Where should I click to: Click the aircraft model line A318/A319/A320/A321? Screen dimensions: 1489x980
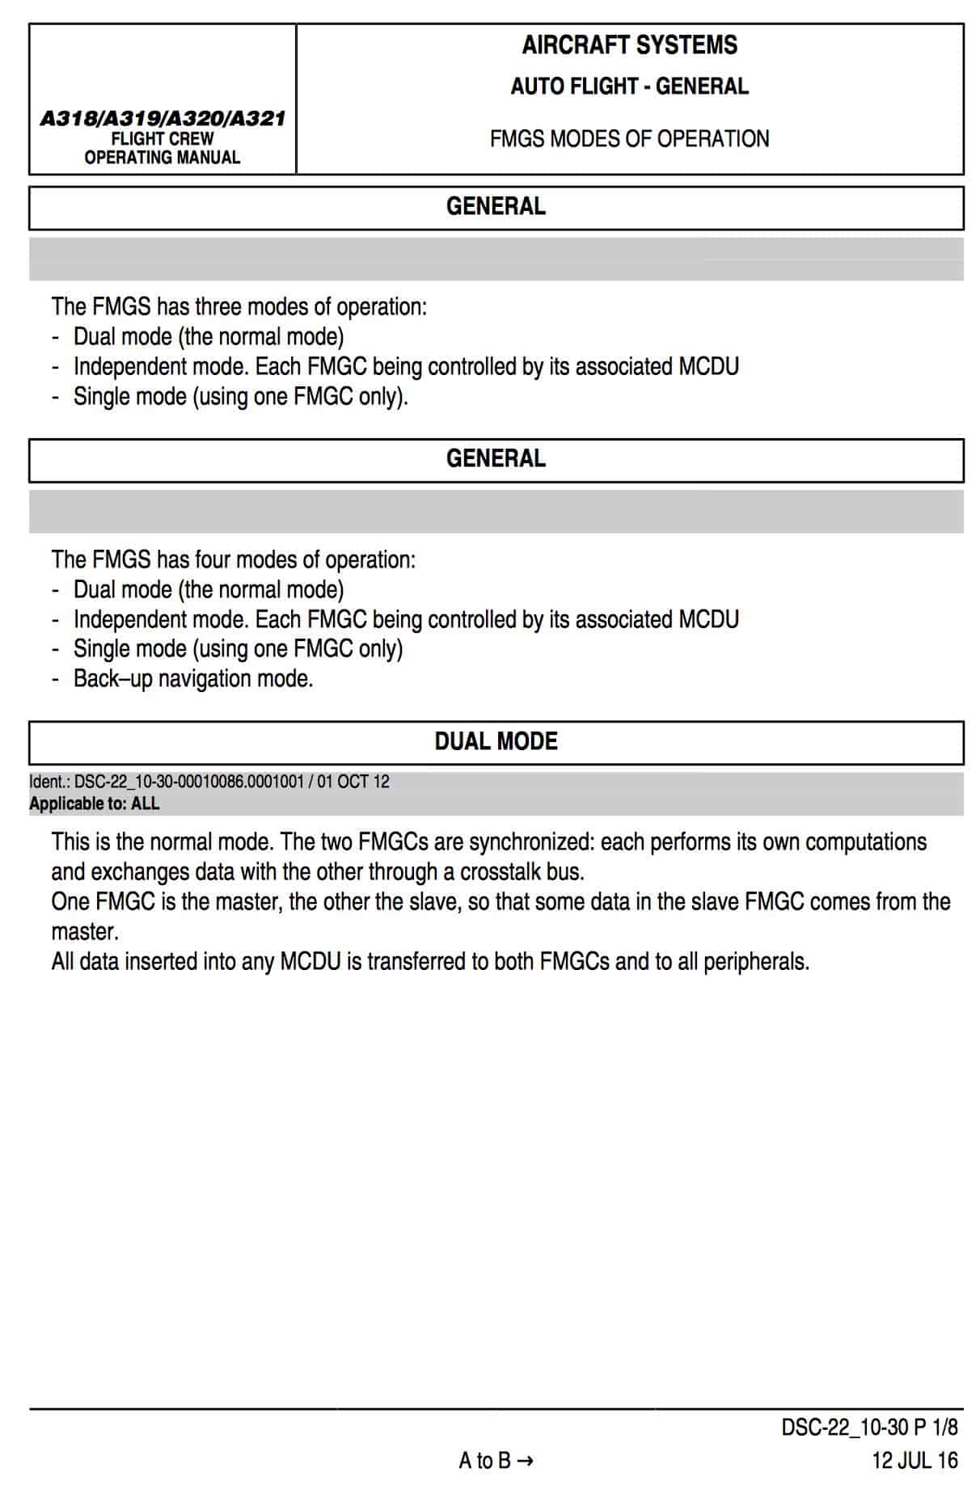click(x=163, y=118)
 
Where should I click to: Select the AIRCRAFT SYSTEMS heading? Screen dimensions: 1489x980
click(x=629, y=45)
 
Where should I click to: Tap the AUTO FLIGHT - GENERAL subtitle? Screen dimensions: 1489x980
click(x=629, y=86)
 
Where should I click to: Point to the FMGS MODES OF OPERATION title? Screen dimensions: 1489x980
click(x=629, y=139)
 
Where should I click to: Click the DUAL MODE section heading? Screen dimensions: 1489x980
click(x=496, y=742)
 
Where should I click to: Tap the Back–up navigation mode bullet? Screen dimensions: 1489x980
click(x=192, y=679)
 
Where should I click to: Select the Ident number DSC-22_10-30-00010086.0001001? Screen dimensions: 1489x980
click(x=188, y=782)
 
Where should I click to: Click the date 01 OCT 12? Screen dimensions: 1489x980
click(x=353, y=782)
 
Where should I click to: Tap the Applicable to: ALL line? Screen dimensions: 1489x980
click(x=95, y=804)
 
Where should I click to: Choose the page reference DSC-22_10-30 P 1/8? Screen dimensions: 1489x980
click(x=869, y=1428)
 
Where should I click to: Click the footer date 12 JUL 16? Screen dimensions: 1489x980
click(x=915, y=1461)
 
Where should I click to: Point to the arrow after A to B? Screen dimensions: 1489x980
click(x=525, y=1462)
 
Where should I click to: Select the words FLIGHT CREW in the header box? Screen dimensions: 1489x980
click(x=163, y=139)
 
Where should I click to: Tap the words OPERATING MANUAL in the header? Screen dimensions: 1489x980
click(x=163, y=158)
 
